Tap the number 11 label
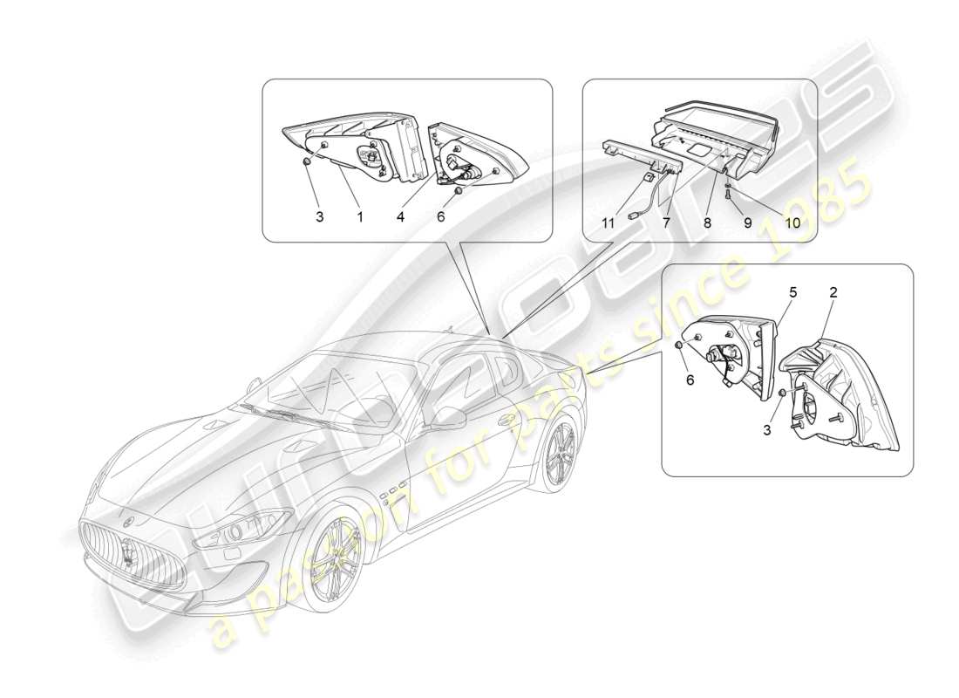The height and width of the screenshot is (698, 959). [x=608, y=223]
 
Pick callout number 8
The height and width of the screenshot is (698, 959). [x=707, y=223]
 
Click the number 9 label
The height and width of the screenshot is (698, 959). [x=747, y=223]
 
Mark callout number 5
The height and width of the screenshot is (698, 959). [x=793, y=293]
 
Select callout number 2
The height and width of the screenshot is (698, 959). [x=833, y=293]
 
